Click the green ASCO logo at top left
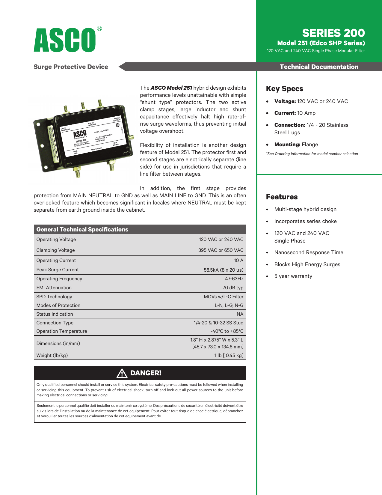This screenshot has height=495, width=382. tap(65, 40)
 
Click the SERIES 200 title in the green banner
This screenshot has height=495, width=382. tap(333, 33)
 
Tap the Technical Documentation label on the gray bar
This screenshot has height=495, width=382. tap(319, 67)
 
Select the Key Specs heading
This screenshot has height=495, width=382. tap(284, 89)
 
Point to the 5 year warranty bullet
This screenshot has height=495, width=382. tap(293, 276)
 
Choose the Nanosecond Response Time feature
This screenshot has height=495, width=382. tap(309, 252)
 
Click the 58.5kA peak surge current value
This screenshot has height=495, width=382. tap(223, 270)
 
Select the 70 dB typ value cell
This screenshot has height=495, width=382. tap(233, 288)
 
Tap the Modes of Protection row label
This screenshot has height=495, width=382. tap(58, 305)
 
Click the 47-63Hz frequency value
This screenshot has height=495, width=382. tap(234, 279)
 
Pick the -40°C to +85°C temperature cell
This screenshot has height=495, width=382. tap(227, 331)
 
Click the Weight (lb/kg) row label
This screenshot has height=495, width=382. tap(52, 355)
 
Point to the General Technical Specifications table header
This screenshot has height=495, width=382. tap(82, 229)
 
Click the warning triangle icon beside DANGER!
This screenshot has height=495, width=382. tap(122, 373)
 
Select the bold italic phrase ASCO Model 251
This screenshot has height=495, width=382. tap(171, 88)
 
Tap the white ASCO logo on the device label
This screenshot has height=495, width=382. tap(80, 134)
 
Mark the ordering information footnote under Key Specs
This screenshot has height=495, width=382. tap(312, 154)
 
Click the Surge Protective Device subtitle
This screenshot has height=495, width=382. tap(71, 67)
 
